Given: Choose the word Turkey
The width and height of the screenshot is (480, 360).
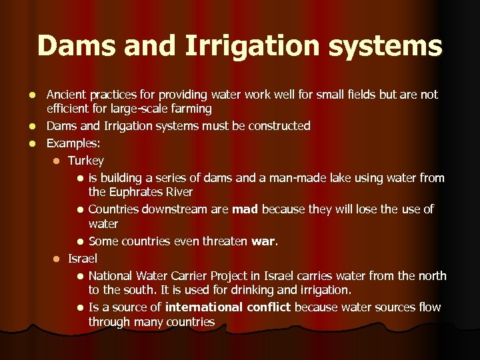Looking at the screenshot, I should (86, 161).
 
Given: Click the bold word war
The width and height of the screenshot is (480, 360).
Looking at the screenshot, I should (263, 241).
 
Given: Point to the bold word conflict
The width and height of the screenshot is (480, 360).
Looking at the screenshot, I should (269, 307).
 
